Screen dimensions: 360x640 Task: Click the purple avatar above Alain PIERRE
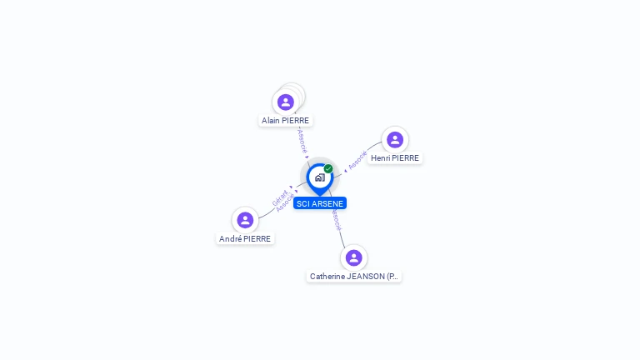click(x=286, y=102)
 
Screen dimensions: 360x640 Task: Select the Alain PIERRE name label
click(x=285, y=121)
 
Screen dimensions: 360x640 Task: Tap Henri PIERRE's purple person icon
click(x=395, y=140)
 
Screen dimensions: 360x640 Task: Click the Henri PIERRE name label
click(x=395, y=158)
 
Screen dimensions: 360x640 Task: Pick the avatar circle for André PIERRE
click(x=245, y=220)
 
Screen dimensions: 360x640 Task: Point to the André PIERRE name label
click(x=245, y=239)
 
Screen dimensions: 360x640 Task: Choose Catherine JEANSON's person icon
click(x=354, y=257)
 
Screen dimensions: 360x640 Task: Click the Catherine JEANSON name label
click(x=354, y=277)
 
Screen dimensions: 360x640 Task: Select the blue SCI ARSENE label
click(x=320, y=203)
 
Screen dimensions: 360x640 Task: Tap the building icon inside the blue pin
click(x=319, y=177)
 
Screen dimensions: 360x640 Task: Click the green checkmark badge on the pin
click(x=328, y=168)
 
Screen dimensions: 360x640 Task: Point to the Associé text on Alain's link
click(x=302, y=141)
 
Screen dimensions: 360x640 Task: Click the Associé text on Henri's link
click(x=358, y=159)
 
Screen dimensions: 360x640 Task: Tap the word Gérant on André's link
click(x=279, y=197)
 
